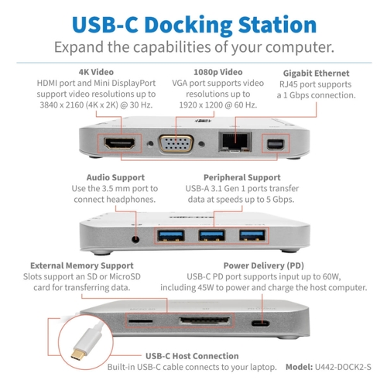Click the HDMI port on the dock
[119, 143]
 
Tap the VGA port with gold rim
[176, 143]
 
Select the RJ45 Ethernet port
[235, 142]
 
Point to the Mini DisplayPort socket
[276, 144]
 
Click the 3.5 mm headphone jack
[135, 239]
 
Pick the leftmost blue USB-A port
[171, 235]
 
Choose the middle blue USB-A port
[211, 235]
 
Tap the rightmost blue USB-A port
[252, 235]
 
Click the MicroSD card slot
[141, 321]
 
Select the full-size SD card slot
[204, 321]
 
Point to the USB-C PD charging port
[261, 323]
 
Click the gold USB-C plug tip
[77, 354]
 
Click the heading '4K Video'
[96, 72]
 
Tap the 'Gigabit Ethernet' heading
[317, 74]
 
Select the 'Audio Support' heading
[115, 177]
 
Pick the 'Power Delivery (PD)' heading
[264, 265]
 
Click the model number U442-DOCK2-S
[343, 367]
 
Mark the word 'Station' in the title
[277, 25]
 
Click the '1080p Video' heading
[218, 72]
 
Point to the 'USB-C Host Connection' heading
[192, 356]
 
